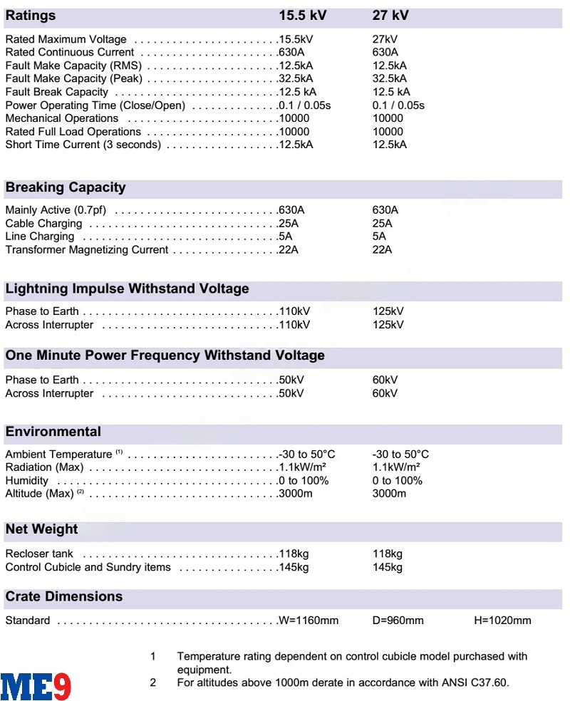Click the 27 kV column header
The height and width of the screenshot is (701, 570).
click(390, 16)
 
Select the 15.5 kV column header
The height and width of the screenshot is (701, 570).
click(302, 16)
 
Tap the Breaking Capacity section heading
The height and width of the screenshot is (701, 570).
click(66, 188)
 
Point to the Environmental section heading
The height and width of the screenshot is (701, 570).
click(53, 432)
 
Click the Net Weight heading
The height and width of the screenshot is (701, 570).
click(42, 529)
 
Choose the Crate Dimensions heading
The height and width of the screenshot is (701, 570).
click(64, 596)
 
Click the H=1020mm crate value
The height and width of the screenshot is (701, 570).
click(502, 620)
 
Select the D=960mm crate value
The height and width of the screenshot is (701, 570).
click(398, 620)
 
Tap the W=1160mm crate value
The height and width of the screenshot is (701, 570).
click(309, 620)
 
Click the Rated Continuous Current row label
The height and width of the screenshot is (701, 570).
click(69, 53)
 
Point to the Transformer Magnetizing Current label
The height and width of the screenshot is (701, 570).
click(87, 250)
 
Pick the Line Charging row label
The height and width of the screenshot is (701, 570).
click(40, 237)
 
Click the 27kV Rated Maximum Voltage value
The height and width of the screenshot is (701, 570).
click(385, 39)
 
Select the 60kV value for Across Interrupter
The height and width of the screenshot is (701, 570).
click(385, 393)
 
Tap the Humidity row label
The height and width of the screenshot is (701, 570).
click(27, 481)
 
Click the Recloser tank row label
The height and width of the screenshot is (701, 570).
click(39, 554)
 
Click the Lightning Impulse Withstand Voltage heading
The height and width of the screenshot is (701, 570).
click(128, 289)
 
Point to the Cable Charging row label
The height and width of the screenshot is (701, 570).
click(44, 224)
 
